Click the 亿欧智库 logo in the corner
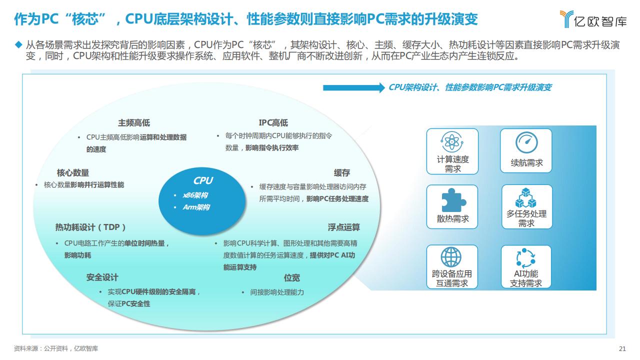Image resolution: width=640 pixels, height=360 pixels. pos(593,19)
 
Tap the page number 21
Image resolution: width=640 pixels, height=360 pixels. pos(622,348)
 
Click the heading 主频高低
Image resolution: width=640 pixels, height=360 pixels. pos(134,123)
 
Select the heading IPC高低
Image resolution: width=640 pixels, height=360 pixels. pos(273,123)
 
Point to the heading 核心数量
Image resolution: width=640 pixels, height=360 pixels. pos(73,172)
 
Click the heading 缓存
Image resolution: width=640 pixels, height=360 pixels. pos(341,172)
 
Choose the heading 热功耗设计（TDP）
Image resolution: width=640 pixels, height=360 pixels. pos(90,227)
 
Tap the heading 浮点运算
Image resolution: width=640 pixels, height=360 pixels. pos(343,227)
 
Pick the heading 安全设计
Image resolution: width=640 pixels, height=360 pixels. pos(102,277)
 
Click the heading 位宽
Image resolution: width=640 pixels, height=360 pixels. pos(291,277)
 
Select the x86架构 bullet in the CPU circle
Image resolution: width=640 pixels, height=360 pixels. pos(195,195)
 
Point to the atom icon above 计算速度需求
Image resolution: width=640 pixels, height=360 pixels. pos(451,141)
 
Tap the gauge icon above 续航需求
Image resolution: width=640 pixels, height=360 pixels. pos(526,142)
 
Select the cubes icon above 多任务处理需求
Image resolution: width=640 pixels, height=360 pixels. pos(525,197)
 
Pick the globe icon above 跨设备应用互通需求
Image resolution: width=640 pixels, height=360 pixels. pos(451,257)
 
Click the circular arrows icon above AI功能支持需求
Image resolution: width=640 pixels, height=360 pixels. pos(525,258)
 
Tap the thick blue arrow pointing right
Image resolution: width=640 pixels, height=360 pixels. pos(354,87)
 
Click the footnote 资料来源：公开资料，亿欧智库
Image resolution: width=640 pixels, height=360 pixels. pos(55,348)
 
